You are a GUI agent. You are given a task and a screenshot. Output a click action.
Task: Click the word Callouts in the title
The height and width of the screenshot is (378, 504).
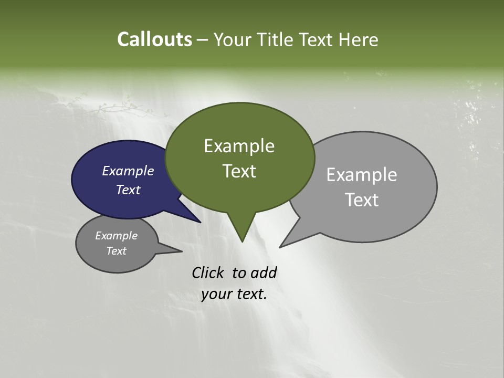point(154,39)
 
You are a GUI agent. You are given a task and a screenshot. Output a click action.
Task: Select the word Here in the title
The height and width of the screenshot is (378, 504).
point(359,39)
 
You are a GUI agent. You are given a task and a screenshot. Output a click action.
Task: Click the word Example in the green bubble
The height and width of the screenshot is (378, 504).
point(239,146)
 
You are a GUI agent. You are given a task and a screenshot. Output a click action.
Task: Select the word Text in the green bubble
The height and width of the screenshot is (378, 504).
point(239,171)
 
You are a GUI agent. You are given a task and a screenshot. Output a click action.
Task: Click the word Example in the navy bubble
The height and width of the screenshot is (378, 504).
point(128,171)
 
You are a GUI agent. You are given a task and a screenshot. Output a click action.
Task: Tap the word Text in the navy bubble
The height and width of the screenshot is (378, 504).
point(128,190)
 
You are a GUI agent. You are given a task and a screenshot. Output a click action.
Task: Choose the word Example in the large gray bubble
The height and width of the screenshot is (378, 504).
point(362,175)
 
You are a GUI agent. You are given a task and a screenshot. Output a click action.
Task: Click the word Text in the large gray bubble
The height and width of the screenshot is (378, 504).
point(362,200)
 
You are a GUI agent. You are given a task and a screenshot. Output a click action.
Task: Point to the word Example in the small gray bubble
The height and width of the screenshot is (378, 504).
point(116,236)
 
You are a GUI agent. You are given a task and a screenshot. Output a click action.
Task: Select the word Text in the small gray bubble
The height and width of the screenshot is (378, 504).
point(116,251)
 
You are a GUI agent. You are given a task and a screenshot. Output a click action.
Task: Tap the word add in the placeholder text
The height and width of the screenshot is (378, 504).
point(264,272)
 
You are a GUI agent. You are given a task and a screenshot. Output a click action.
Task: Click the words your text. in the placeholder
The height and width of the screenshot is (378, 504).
point(234,294)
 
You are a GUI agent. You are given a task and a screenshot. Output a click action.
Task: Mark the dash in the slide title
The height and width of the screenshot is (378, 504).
point(203,40)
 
